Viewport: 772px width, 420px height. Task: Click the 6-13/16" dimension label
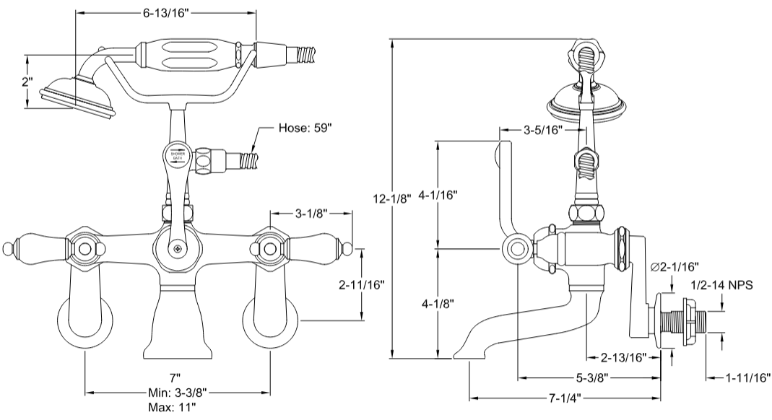pos(166,13)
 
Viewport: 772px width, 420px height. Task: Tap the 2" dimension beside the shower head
pos(27,82)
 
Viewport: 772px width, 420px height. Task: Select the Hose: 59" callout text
pos(305,129)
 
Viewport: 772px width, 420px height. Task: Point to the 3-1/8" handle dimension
pos(311,214)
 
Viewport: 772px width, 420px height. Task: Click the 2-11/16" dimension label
pos(360,284)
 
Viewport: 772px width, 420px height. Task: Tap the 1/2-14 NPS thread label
pos(721,286)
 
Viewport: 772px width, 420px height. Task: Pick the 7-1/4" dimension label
pos(567,398)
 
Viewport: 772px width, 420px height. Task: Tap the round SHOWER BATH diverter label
pos(176,156)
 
